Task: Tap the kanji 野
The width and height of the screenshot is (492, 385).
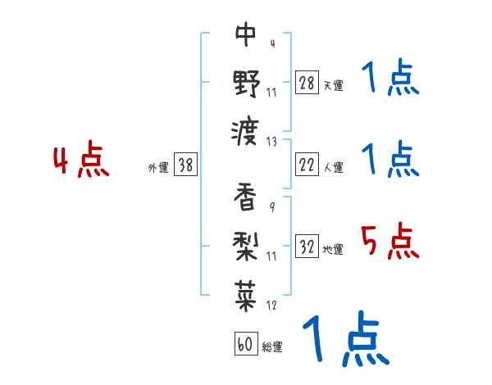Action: click(x=246, y=83)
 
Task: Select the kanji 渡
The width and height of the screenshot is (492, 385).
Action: click(x=246, y=130)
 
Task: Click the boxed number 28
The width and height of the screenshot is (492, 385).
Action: click(x=307, y=84)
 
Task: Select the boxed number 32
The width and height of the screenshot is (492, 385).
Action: click(x=307, y=247)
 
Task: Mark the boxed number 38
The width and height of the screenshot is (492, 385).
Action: click(x=185, y=165)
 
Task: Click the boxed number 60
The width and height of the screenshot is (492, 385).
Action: click(x=244, y=344)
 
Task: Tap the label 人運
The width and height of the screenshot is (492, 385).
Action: click(x=333, y=167)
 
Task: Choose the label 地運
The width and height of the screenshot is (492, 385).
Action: click(x=333, y=249)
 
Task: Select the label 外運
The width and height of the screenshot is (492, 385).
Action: click(x=158, y=167)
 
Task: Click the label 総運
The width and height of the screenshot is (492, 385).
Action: click(x=271, y=346)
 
